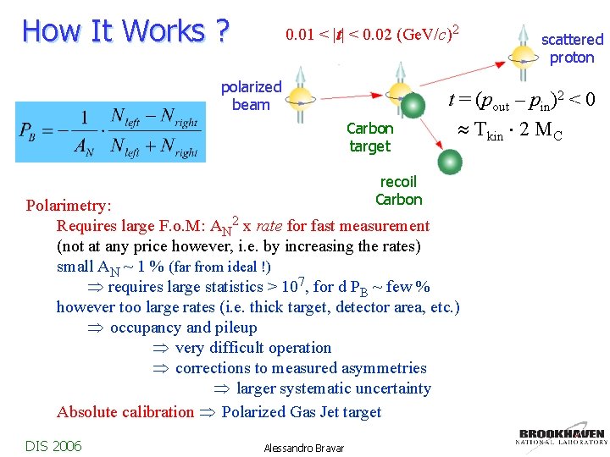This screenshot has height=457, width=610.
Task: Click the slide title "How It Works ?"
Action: [125, 30]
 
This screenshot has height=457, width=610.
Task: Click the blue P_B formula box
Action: [110, 132]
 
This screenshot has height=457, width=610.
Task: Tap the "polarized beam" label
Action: [251, 96]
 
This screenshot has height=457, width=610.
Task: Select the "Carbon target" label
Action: [369, 137]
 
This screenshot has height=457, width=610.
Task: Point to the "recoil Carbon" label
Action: [398, 190]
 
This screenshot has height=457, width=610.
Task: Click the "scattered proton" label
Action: [572, 48]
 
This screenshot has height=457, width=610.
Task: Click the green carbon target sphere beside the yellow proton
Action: [413, 105]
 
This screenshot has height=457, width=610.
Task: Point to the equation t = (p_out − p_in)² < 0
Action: [522, 102]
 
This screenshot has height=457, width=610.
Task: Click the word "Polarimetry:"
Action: [69, 206]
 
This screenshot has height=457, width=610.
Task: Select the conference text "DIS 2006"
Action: [53, 445]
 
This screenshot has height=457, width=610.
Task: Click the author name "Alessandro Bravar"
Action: [304, 448]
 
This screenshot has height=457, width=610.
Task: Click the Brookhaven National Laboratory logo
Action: [562, 434]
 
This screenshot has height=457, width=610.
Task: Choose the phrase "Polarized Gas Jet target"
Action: [301, 412]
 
